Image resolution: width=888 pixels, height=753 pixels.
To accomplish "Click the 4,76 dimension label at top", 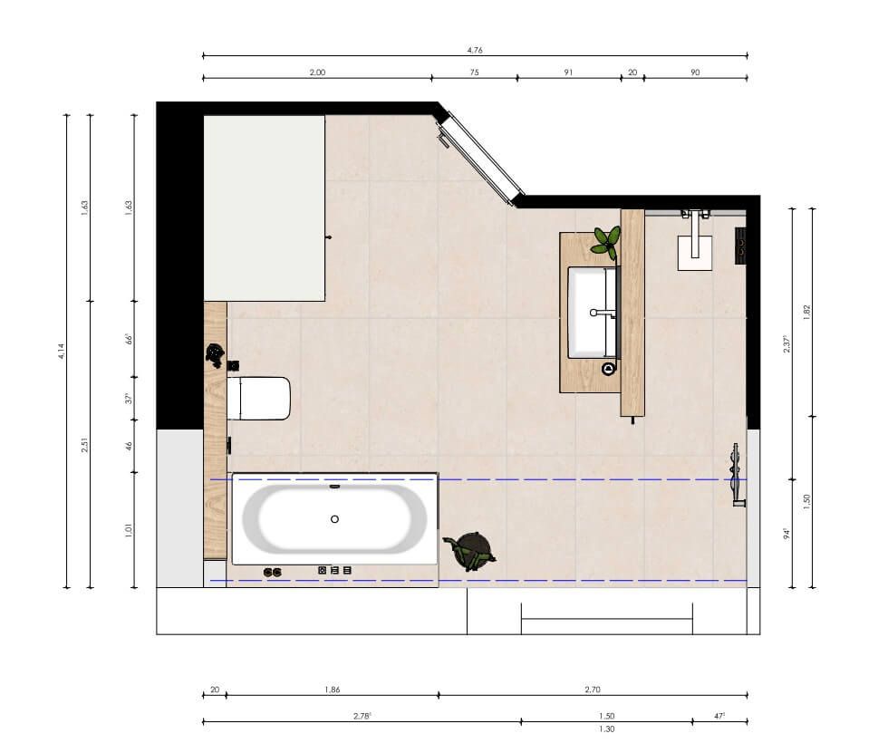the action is pyautogui.click(x=475, y=50).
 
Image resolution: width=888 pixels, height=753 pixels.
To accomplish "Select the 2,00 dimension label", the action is pyautogui.click(x=317, y=72).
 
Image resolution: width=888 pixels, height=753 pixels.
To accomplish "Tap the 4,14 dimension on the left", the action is pyautogui.click(x=62, y=351).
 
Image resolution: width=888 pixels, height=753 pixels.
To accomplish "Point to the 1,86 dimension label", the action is pyautogui.click(x=333, y=689).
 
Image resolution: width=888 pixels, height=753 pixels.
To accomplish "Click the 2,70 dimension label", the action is pyautogui.click(x=593, y=689).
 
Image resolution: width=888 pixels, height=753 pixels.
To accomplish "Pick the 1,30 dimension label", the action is pyautogui.click(x=606, y=729).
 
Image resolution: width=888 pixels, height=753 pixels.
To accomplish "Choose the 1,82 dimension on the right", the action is pyautogui.click(x=807, y=312).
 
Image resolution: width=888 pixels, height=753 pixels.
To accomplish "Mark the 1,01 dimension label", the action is pyautogui.click(x=129, y=530).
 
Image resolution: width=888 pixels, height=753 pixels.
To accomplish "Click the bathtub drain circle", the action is pyautogui.click(x=334, y=519).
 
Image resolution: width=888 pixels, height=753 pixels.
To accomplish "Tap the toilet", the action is pyautogui.click(x=259, y=399).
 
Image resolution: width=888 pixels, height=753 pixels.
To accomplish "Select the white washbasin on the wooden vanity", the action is pyautogui.click(x=592, y=313).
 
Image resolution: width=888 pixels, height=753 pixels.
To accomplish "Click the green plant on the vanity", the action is pyautogui.click(x=606, y=241).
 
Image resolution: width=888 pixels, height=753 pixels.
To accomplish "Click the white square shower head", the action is pyautogui.click(x=695, y=253).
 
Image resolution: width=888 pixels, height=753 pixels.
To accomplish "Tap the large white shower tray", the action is pyautogui.click(x=265, y=208).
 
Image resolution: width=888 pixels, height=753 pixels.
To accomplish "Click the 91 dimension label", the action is pyautogui.click(x=568, y=72).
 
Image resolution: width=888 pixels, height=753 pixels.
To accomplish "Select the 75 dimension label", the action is pyautogui.click(x=474, y=72).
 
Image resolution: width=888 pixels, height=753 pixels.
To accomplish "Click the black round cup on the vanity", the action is pyautogui.click(x=609, y=369).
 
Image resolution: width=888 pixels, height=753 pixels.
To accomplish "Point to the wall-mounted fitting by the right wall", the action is pyautogui.click(x=738, y=475).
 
